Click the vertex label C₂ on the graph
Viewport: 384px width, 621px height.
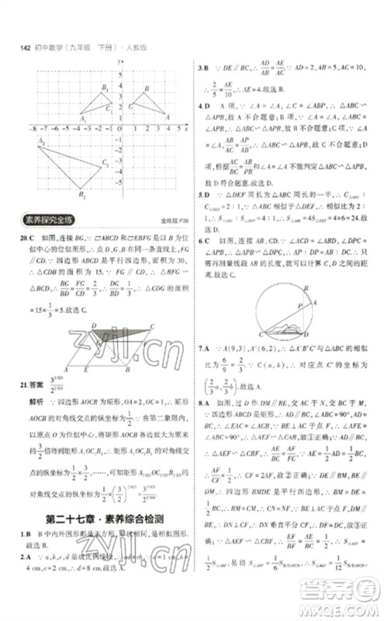tap(105, 162)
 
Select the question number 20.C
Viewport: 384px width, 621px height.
tap(22, 235)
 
